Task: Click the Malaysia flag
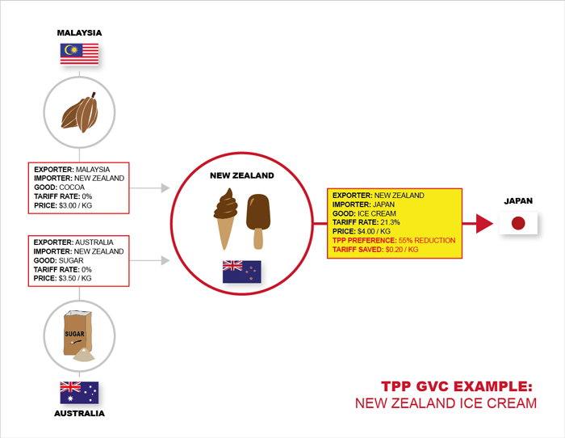click(x=79, y=54)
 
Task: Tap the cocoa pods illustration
click(x=80, y=112)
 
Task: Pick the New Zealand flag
click(x=242, y=272)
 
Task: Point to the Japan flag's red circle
click(x=518, y=223)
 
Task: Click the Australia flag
click(x=79, y=393)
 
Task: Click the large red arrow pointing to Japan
click(x=478, y=223)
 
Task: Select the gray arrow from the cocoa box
click(x=149, y=188)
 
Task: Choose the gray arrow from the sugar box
click(x=149, y=260)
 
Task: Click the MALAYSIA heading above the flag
click(x=79, y=33)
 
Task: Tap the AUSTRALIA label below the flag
click(x=79, y=414)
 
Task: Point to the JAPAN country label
click(x=518, y=201)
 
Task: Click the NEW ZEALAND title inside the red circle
click(x=242, y=175)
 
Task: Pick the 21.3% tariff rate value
click(x=390, y=222)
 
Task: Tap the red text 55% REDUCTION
click(x=427, y=240)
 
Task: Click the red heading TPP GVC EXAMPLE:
click(x=457, y=386)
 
